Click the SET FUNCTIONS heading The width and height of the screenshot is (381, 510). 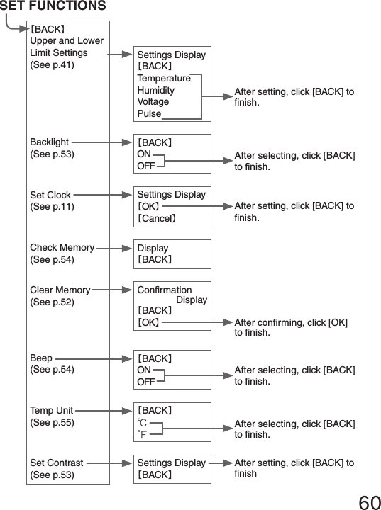(53, 7)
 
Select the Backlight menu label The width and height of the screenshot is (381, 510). (50, 142)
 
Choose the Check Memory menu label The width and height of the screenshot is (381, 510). (62, 248)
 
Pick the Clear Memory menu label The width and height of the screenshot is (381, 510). (60, 290)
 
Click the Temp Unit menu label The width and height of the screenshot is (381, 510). (52, 410)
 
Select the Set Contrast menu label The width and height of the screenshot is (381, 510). (57, 463)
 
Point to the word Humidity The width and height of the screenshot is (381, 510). (155, 90)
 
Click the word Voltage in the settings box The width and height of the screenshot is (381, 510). (153, 101)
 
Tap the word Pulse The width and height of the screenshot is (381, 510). (149, 113)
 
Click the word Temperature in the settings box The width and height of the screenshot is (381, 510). (164, 78)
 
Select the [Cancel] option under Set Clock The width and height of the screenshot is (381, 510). (156, 218)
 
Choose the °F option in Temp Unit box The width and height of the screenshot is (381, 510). (143, 434)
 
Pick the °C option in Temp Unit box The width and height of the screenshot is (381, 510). (143, 423)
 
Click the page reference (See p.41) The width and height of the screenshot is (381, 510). (51, 64)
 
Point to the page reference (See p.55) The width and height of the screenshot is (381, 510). (51, 422)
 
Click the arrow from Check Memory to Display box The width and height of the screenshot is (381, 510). (114, 248)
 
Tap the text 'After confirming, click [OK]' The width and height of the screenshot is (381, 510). (291, 322)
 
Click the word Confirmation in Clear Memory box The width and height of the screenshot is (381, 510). (164, 290)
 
